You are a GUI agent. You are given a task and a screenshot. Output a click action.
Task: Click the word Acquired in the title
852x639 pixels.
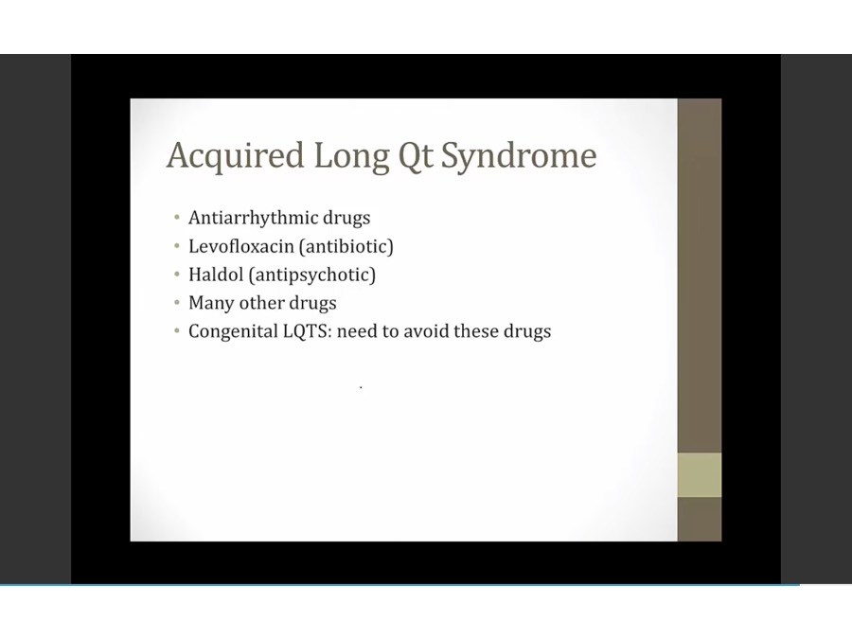(235, 156)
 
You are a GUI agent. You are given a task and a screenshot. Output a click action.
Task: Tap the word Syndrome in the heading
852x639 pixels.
(519, 156)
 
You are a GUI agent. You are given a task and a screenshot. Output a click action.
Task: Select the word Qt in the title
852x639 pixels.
(417, 156)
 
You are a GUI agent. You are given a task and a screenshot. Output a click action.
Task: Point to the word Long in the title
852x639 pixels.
(351, 157)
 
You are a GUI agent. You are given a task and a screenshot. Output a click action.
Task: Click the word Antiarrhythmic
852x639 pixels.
(253, 218)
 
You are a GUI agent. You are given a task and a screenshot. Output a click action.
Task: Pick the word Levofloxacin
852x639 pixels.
(240, 246)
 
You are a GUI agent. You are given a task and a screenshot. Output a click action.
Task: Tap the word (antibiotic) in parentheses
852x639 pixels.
(346, 247)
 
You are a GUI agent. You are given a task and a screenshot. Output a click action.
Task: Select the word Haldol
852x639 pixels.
(216, 275)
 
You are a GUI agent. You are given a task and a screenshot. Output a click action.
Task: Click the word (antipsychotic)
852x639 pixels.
(312, 275)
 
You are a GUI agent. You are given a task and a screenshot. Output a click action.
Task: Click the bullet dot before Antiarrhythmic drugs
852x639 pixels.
(177, 218)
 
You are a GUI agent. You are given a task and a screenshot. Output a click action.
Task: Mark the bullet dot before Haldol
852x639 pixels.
(177, 275)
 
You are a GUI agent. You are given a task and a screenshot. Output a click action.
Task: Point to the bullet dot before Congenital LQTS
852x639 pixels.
(177, 331)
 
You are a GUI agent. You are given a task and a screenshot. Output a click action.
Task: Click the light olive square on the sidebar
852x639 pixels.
(700, 475)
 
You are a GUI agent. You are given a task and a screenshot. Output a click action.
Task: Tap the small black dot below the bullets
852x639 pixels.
(361, 387)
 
